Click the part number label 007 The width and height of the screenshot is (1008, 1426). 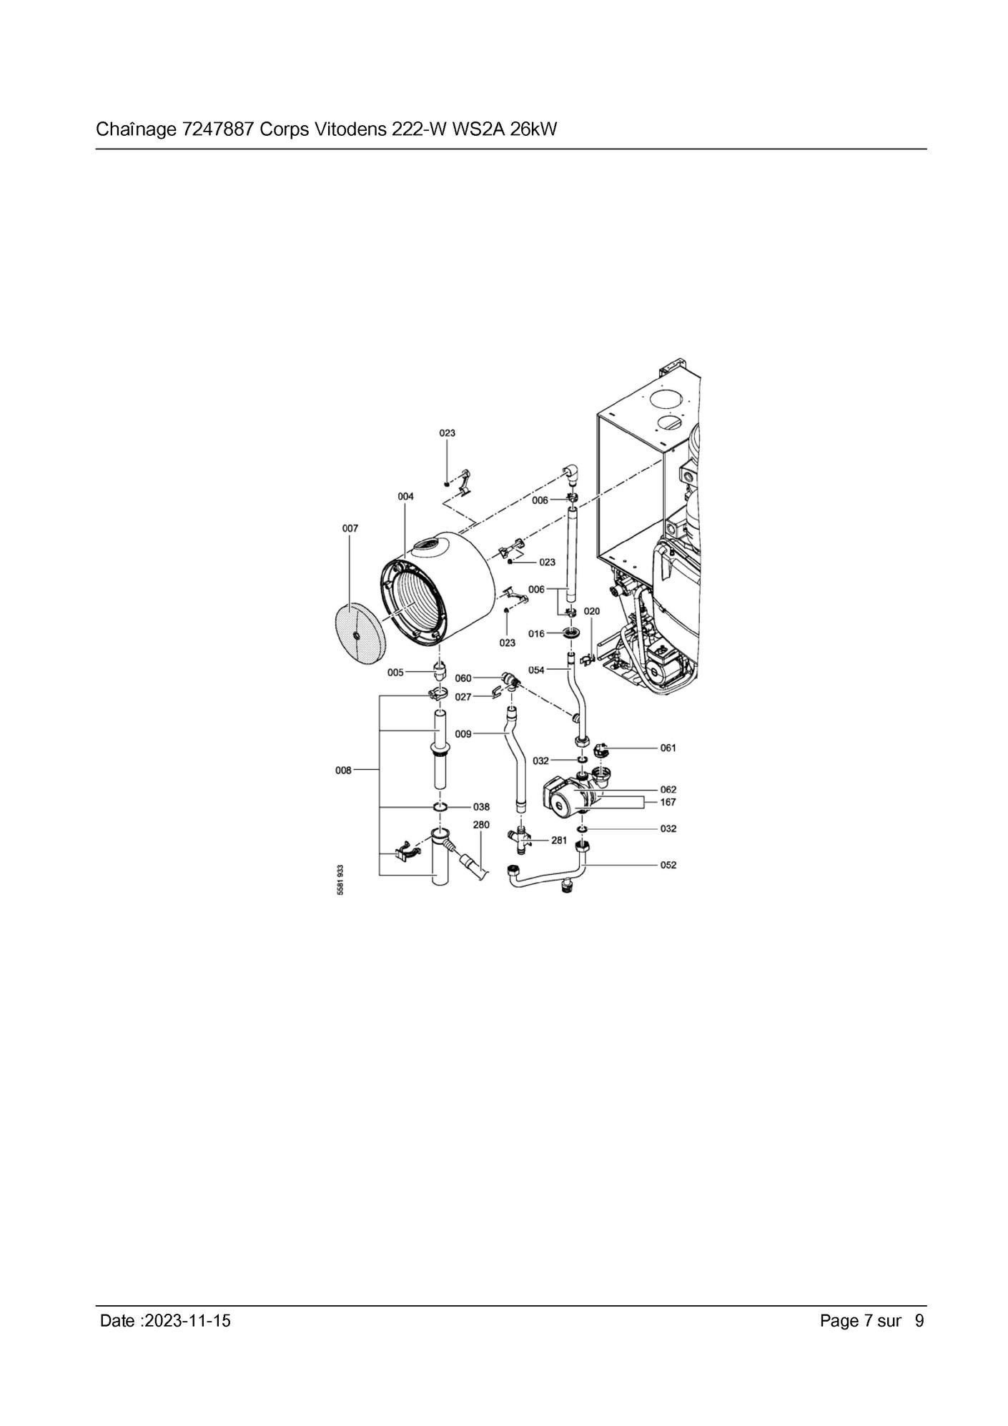[350, 528]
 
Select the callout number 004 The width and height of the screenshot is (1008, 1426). [405, 496]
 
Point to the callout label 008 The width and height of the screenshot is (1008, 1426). [343, 771]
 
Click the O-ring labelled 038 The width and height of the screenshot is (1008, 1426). [440, 807]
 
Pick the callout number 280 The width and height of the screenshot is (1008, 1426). [481, 825]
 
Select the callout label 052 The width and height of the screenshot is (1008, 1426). [668, 865]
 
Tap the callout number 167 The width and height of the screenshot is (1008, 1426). [668, 802]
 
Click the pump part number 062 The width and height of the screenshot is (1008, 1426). [668, 790]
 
